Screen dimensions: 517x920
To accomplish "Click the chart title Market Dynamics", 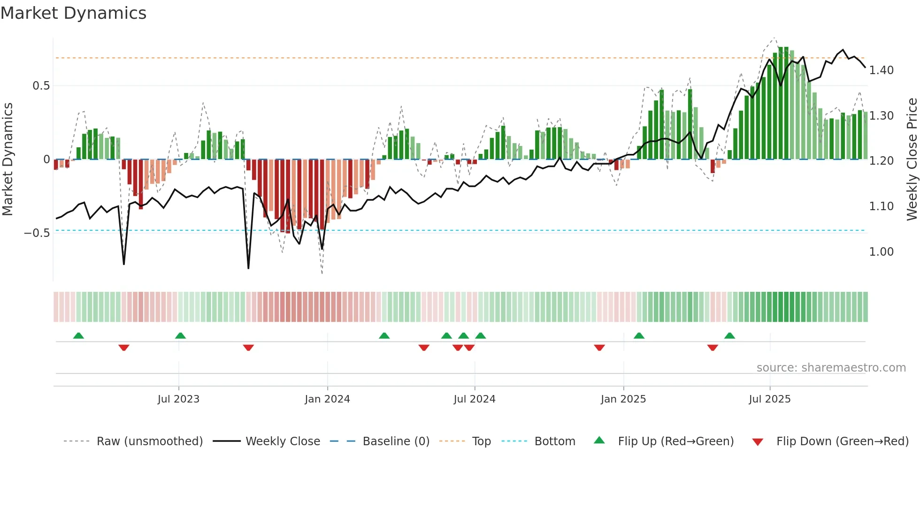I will (x=73, y=13).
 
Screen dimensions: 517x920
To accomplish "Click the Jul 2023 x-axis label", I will (x=178, y=399).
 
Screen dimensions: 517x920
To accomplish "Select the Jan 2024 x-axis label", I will (x=327, y=399).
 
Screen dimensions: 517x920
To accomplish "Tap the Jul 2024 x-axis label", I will (x=474, y=399).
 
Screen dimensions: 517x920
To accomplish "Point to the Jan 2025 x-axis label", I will (x=623, y=399).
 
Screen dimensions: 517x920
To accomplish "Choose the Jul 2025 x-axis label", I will (x=769, y=399).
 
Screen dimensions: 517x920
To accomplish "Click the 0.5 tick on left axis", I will (x=41, y=86).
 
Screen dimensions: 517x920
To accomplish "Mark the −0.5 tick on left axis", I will (x=37, y=233).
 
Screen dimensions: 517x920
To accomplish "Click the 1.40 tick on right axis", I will (x=881, y=70).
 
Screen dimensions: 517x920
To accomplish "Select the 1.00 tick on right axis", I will (x=881, y=252).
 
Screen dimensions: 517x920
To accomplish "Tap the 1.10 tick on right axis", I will (x=881, y=206).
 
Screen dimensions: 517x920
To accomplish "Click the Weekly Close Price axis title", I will (x=912, y=159).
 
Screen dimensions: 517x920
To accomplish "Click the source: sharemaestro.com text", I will (x=831, y=368).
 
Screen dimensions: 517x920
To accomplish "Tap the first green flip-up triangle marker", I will (x=78, y=336).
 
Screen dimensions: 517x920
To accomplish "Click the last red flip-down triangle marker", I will (x=712, y=348).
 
